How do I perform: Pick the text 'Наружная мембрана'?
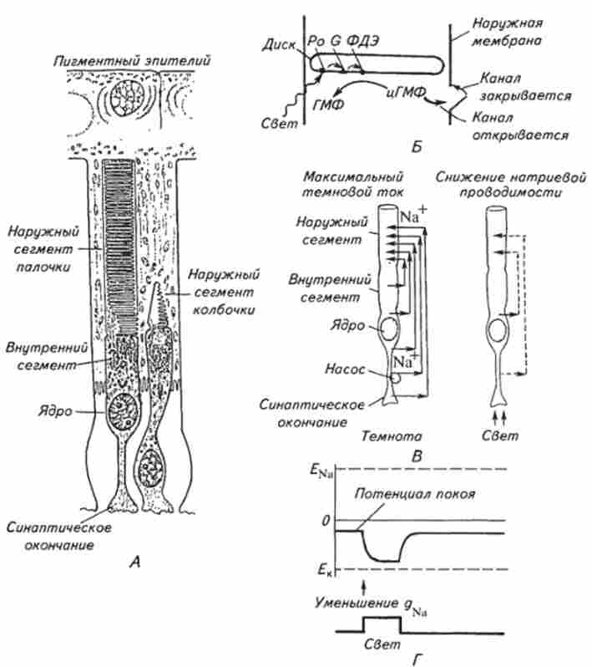tap(495, 28)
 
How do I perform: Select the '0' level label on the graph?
tap(327, 520)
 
